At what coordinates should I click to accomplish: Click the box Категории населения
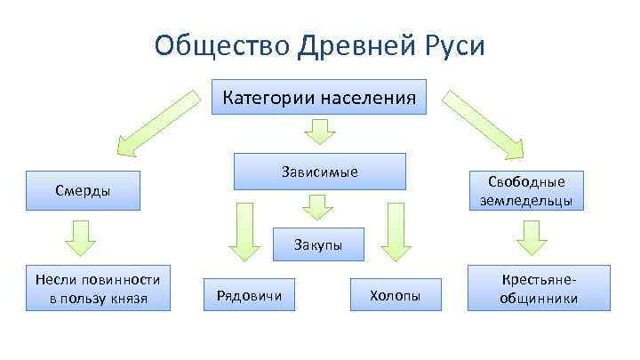click(319, 97)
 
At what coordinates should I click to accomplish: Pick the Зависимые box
click(319, 171)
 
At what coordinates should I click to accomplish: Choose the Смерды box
click(83, 190)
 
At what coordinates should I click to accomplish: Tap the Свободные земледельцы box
click(526, 191)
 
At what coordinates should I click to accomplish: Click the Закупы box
click(319, 244)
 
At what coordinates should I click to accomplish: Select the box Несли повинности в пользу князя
click(98, 288)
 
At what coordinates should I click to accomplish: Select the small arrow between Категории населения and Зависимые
click(319, 132)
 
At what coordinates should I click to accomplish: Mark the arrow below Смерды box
click(83, 236)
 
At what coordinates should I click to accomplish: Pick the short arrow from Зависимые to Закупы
click(317, 208)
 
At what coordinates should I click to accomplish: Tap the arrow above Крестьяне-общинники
click(531, 236)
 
